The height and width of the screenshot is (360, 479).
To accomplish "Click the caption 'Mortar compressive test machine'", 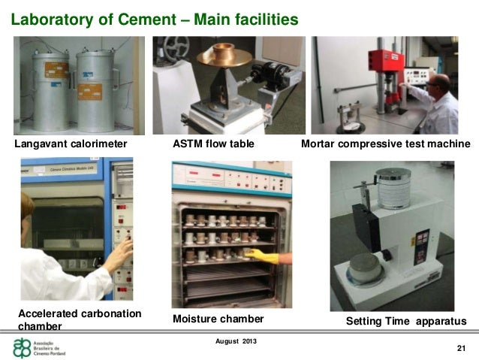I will pyautogui.click(x=385, y=144).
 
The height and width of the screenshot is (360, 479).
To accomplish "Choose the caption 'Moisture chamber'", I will pyautogui.click(x=218, y=319).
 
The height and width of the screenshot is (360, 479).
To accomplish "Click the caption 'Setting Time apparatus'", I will pyautogui.click(x=405, y=321).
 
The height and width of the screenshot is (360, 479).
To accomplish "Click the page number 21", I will pyautogui.click(x=461, y=347).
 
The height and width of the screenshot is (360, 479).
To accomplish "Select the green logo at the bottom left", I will pyautogui.click(x=23, y=347).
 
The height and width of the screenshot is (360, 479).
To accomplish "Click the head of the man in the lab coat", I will pyautogui.click(x=441, y=83).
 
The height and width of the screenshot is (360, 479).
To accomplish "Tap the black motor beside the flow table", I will pyautogui.click(x=264, y=76).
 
